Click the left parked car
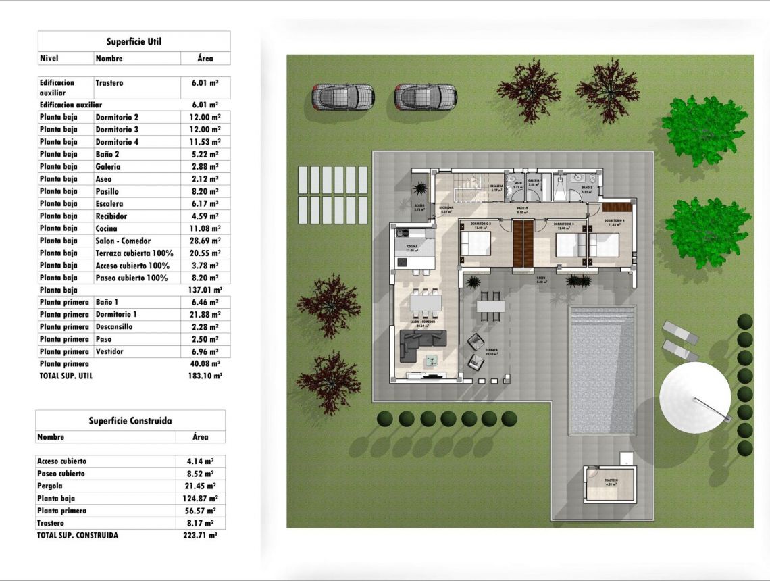(343, 97)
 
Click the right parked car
(426, 97)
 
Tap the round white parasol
(694, 397)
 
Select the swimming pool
(602, 370)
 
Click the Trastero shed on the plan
(611, 485)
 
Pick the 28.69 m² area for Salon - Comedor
(205, 241)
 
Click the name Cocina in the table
(107, 228)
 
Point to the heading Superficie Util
(134, 42)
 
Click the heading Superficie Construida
(130, 421)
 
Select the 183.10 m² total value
(205, 376)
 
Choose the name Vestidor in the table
(109, 351)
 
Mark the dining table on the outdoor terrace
(490, 306)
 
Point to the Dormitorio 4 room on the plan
(611, 236)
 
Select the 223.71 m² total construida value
(201, 535)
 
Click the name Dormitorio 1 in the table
(116, 314)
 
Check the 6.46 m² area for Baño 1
(205, 302)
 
